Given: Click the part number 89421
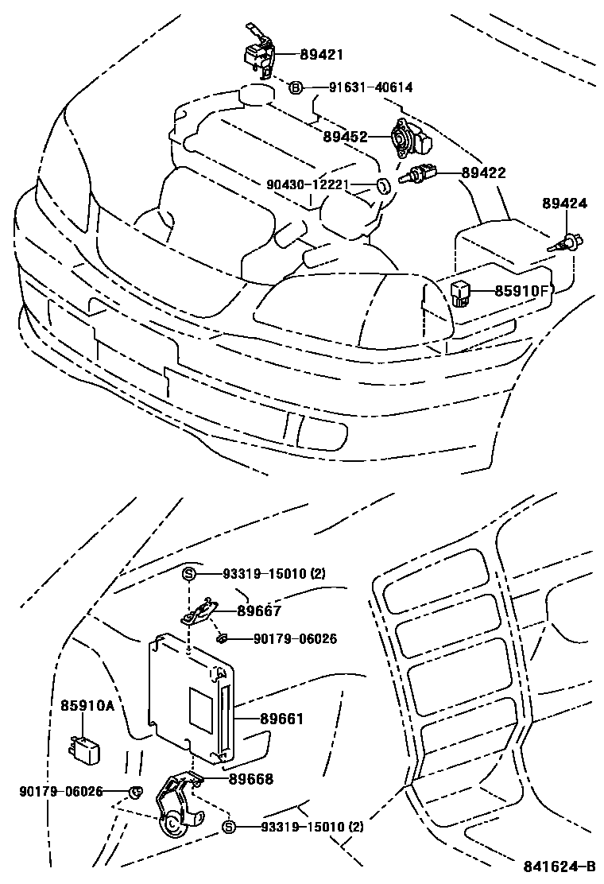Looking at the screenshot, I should coord(321,55).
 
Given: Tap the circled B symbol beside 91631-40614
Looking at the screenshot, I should coord(295,88).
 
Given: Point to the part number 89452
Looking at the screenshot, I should coord(344,137).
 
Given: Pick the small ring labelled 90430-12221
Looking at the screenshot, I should coord(382,187).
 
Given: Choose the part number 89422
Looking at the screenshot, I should coord(483,173).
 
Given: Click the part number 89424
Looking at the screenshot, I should coord(565,204).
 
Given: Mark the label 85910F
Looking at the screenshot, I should coord(522,291).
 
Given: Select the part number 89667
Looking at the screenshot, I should coord(259,611).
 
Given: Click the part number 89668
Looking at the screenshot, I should coord(251,780).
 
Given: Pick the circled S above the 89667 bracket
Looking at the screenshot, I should coord(189,573).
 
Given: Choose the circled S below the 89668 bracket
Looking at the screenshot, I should coord(229,828).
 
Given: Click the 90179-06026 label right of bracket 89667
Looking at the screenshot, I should coord(295,638).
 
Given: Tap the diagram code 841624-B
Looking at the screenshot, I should coord(559,867).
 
